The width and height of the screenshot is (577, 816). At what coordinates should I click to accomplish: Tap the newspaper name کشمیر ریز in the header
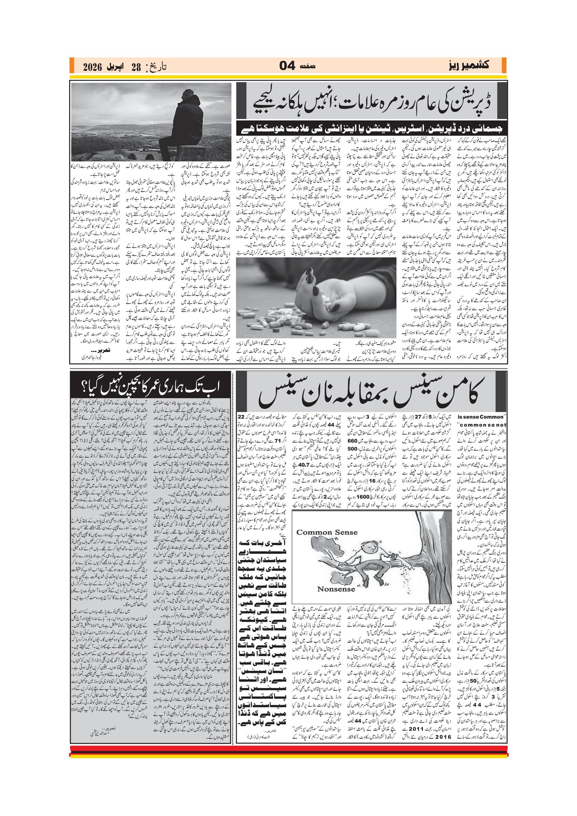coord(468,65)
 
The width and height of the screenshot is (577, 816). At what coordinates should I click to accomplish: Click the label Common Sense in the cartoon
coord(327,532)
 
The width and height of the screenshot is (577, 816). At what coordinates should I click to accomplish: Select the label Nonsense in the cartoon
coord(336,589)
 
